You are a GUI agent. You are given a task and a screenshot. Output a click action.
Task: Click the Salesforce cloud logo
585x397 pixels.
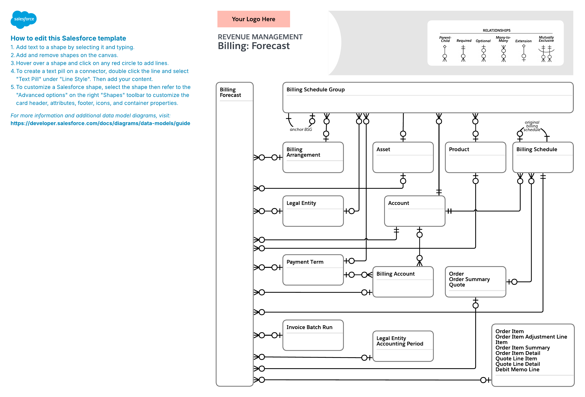[x=23, y=19]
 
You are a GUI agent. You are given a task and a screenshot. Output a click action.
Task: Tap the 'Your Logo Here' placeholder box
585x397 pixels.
[x=253, y=19]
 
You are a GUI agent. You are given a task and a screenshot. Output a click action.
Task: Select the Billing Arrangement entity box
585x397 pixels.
[x=313, y=157]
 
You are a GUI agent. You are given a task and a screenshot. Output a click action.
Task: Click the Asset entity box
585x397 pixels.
[x=403, y=157]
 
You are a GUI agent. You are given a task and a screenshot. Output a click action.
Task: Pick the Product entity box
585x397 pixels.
[x=475, y=157]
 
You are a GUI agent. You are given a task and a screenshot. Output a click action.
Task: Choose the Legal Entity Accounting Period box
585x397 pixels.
[x=403, y=346]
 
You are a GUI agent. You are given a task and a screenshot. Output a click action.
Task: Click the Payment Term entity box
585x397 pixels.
[x=313, y=270]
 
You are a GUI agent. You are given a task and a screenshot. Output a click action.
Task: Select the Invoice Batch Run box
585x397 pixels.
[x=313, y=335]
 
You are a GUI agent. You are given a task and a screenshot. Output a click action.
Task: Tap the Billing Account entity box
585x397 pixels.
[x=403, y=282]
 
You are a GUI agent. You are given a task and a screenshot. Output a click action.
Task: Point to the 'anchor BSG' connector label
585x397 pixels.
[x=301, y=129]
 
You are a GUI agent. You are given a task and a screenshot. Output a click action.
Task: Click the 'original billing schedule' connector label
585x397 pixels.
[x=532, y=126]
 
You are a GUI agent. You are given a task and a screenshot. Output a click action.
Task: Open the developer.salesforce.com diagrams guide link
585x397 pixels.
[x=100, y=123]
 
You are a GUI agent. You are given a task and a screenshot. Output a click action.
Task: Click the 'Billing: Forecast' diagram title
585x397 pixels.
[x=253, y=46]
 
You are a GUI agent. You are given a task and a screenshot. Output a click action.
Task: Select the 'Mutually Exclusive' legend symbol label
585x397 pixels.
[x=546, y=39]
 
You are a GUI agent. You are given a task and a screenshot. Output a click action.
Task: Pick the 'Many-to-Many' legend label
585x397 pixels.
[x=503, y=39]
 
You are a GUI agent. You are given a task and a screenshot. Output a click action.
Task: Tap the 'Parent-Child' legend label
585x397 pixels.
[x=445, y=39]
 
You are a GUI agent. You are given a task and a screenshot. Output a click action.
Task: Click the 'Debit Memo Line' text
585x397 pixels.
[x=517, y=369]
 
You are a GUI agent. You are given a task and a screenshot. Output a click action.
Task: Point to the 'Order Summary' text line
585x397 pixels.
[x=469, y=279]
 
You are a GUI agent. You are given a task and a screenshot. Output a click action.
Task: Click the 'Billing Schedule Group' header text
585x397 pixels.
[x=315, y=89]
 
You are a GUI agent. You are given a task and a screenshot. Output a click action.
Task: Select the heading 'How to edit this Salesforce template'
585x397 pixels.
[x=68, y=38]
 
